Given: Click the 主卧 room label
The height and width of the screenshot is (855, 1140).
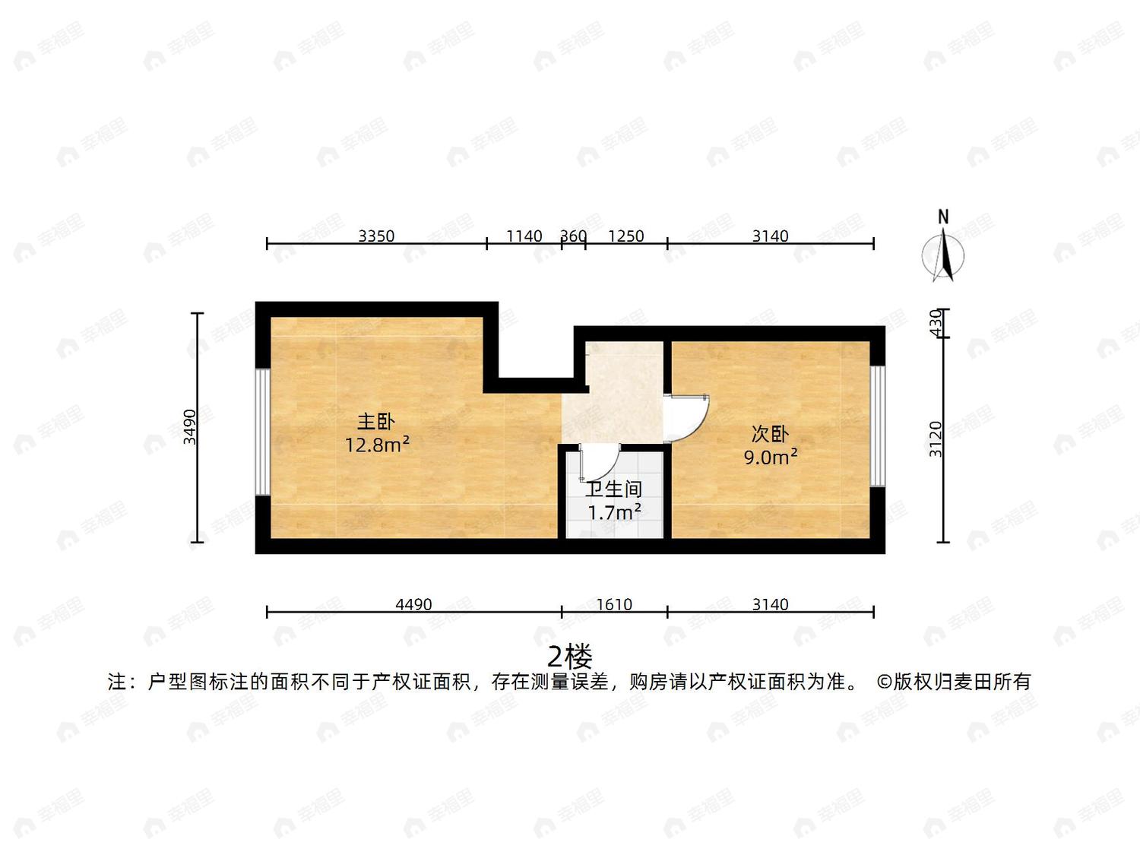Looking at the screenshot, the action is pyautogui.click(x=376, y=422).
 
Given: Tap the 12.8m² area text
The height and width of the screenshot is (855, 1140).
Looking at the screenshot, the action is pyautogui.click(x=378, y=445).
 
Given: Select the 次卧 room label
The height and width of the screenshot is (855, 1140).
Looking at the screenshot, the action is pyautogui.click(x=770, y=434).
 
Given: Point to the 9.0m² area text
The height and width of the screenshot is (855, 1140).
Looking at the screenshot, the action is pyautogui.click(x=771, y=458).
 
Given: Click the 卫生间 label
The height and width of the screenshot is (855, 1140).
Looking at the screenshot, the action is pyautogui.click(x=614, y=489).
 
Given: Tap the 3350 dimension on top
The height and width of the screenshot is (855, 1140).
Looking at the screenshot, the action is pyautogui.click(x=376, y=236).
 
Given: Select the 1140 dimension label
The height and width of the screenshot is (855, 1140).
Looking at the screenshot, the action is pyautogui.click(x=524, y=236).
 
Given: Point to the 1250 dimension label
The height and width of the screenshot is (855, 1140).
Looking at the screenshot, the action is pyautogui.click(x=626, y=236).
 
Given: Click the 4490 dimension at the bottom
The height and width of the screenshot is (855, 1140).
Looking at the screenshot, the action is pyautogui.click(x=414, y=604).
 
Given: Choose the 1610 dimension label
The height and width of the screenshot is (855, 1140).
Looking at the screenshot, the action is pyautogui.click(x=614, y=604).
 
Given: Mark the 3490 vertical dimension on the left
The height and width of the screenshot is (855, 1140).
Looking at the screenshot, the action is pyautogui.click(x=190, y=427).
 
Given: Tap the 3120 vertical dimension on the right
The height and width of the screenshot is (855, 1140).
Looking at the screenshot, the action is pyautogui.click(x=936, y=439).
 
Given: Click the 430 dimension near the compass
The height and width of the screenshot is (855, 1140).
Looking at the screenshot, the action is pyautogui.click(x=936, y=323).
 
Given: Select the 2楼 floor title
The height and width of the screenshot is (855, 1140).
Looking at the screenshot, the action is pyautogui.click(x=570, y=657).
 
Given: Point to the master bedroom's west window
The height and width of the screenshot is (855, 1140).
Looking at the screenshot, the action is pyautogui.click(x=263, y=432).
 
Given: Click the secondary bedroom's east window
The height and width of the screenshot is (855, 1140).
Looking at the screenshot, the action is pyautogui.click(x=878, y=426).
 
